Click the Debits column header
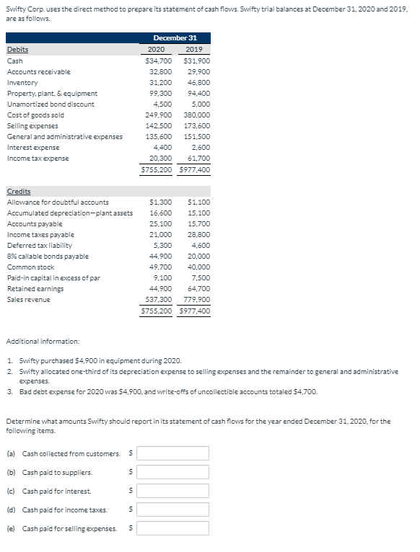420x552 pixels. [x=18, y=50]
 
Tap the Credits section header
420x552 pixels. [x=19, y=191]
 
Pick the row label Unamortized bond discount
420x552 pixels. [x=51, y=104]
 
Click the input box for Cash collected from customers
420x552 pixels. [x=173, y=453]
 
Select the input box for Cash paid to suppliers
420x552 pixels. [x=173, y=472]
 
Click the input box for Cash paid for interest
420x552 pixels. [x=173, y=491]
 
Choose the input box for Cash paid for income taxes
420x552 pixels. [x=173, y=509]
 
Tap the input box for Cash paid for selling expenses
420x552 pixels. [x=173, y=528]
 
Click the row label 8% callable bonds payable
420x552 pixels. [x=48, y=256]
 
